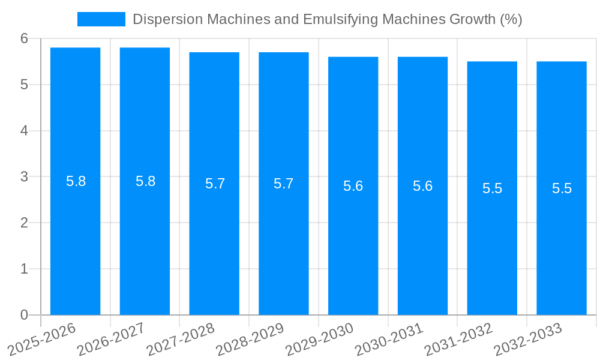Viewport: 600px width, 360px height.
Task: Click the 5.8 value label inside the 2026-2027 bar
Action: pyautogui.click(x=145, y=181)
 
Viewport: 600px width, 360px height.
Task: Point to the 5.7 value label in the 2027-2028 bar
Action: pyautogui.click(x=215, y=184)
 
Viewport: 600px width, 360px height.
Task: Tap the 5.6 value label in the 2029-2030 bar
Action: pyautogui.click(x=353, y=186)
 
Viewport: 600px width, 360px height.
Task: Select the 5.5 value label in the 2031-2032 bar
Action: pyautogui.click(x=492, y=188)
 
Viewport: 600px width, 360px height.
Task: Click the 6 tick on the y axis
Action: pyautogui.click(x=24, y=38)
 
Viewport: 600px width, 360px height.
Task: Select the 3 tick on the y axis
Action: pyautogui.click(x=24, y=177)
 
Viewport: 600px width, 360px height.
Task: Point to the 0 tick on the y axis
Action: pyautogui.click(x=24, y=315)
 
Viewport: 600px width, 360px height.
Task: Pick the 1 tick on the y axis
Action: pyautogui.click(x=24, y=269)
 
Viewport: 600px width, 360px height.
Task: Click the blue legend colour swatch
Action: pyautogui.click(x=101, y=19)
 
